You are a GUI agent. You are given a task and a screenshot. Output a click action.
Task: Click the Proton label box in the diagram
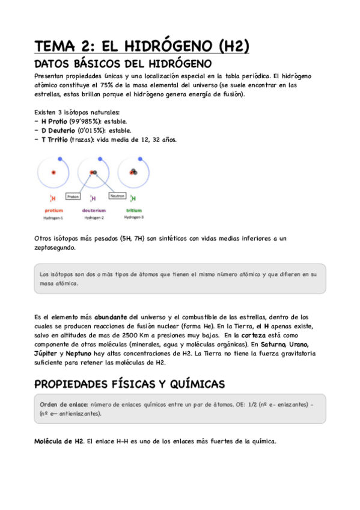click(x=73, y=196)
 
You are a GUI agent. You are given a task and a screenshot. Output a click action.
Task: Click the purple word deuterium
click(x=93, y=210)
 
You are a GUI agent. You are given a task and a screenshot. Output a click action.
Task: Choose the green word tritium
click(x=134, y=210)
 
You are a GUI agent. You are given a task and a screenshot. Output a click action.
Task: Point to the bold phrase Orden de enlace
click(x=63, y=404)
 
